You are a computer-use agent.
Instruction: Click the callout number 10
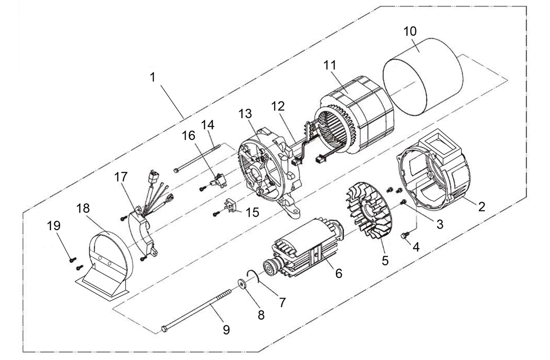[410, 32]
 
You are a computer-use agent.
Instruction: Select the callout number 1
[153, 77]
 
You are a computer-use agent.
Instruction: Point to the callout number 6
[338, 273]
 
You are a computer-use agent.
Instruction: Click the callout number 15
[252, 212]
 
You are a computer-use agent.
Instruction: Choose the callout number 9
[226, 329]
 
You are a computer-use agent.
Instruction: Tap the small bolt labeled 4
[403, 236]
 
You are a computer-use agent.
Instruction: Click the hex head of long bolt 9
[165, 329]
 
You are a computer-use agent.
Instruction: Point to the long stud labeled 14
[197, 158]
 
